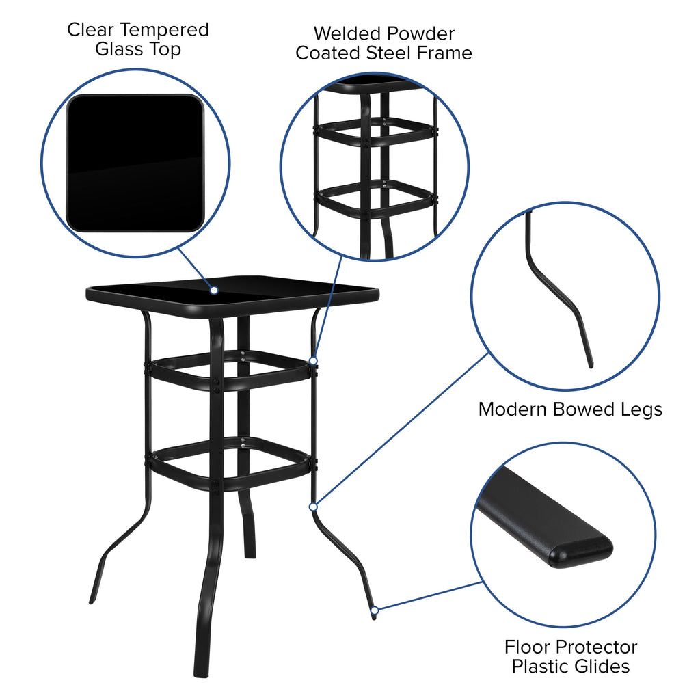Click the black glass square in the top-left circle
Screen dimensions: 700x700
135,163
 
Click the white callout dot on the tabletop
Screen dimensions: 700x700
214,291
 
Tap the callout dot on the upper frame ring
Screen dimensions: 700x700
313,360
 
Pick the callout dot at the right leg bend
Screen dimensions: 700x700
313,507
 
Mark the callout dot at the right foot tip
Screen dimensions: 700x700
374,610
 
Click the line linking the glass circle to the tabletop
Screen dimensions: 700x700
196,269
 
